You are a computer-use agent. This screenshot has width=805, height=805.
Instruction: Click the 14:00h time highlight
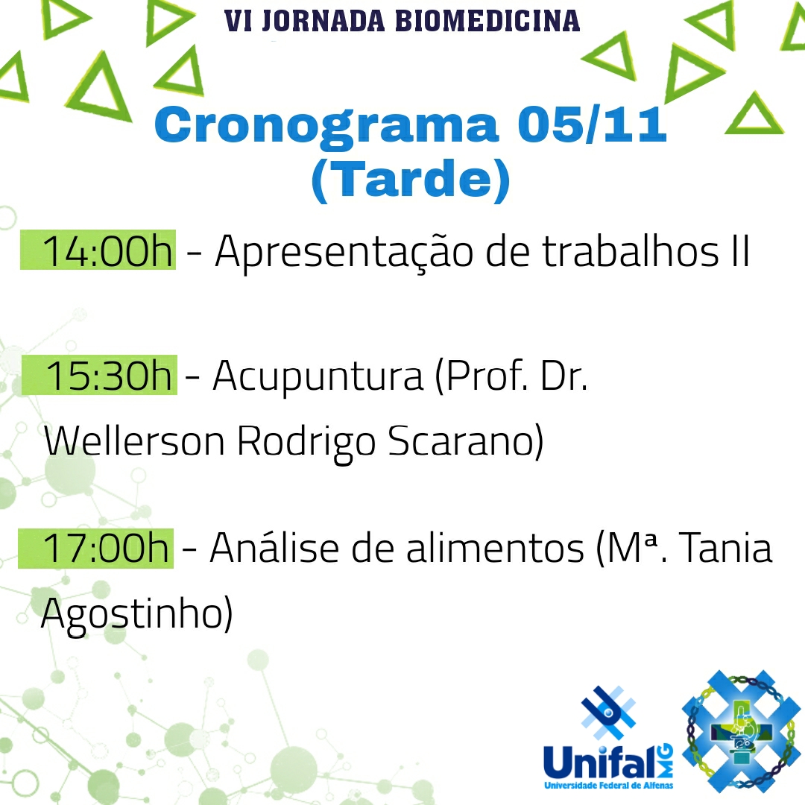98,250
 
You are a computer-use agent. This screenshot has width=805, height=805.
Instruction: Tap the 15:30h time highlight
99,375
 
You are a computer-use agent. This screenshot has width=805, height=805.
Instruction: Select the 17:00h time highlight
95,549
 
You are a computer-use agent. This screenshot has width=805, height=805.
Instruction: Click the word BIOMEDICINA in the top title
487,21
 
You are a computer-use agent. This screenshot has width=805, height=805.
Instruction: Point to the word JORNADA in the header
323,21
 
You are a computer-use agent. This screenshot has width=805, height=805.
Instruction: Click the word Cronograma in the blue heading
326,127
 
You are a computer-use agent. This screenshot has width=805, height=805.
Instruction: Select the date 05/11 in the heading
592,124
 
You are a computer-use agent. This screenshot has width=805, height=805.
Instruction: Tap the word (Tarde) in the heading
411,180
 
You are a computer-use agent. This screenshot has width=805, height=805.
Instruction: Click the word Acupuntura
318,376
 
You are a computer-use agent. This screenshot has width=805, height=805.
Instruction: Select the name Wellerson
134,440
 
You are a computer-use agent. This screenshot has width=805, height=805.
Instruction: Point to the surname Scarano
465,441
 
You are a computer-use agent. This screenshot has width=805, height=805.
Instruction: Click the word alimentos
495,549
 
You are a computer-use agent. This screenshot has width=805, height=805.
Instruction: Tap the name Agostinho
136,614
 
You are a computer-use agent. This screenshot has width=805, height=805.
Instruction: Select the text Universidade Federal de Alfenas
608,786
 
